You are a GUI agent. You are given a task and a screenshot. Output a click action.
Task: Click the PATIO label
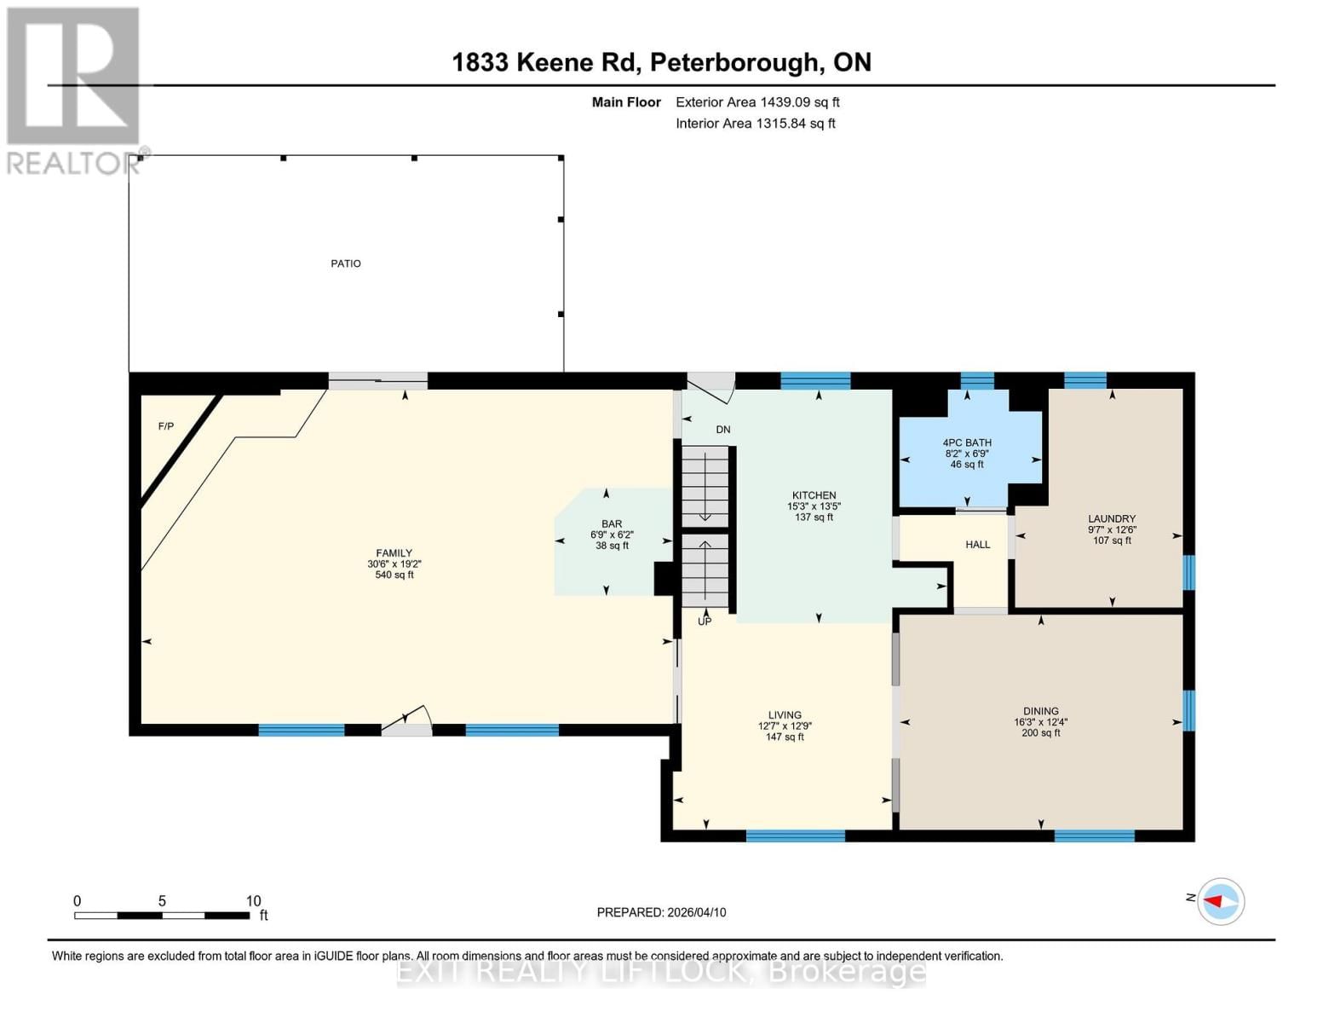point(346,263)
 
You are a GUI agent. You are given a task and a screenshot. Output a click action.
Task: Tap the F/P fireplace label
point(166,426)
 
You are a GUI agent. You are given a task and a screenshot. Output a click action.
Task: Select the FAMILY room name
point(394,553)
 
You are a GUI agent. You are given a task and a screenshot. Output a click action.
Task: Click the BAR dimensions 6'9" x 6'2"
point(612,535)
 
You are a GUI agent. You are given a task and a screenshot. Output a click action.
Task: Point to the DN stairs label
point(722,430)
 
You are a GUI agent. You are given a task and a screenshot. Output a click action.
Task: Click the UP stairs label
point(705,621)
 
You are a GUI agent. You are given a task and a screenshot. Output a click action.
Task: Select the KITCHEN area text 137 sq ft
point(814,517)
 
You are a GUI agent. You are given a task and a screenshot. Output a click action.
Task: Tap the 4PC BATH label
point(967,442)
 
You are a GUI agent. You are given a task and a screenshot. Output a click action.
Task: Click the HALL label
point(977,545)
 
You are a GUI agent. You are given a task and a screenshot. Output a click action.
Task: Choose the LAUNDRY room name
point(1112,518)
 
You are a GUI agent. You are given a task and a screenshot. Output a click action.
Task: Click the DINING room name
point(1041,711)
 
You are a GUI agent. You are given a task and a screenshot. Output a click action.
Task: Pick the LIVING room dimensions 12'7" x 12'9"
point(785,726)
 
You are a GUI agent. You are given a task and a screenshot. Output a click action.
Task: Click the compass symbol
point(1221,901)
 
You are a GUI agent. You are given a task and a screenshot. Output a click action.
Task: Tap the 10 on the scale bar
point(253,901)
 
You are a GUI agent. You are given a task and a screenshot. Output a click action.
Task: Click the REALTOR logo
point(73,90)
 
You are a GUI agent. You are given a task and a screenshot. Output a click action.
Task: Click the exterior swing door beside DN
point(711,385)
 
